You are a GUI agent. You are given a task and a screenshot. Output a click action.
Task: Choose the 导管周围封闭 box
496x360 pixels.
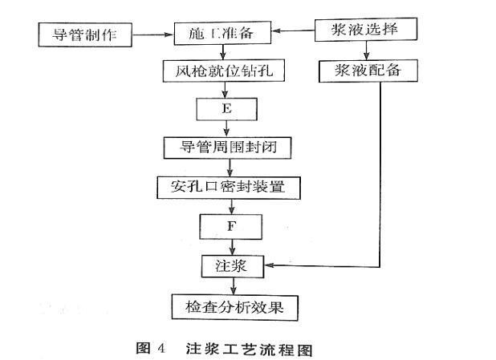coord(230,148)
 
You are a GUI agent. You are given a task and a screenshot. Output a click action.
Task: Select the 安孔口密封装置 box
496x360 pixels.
coord(230,188)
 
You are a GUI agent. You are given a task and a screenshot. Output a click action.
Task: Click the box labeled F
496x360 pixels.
coord(230,226)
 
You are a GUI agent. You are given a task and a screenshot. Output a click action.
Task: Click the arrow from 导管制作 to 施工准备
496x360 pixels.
coord(152,34)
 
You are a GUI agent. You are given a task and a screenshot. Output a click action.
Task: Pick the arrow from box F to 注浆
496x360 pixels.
coord(230,246)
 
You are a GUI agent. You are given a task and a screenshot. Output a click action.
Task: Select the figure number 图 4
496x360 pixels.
coord(151,348)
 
